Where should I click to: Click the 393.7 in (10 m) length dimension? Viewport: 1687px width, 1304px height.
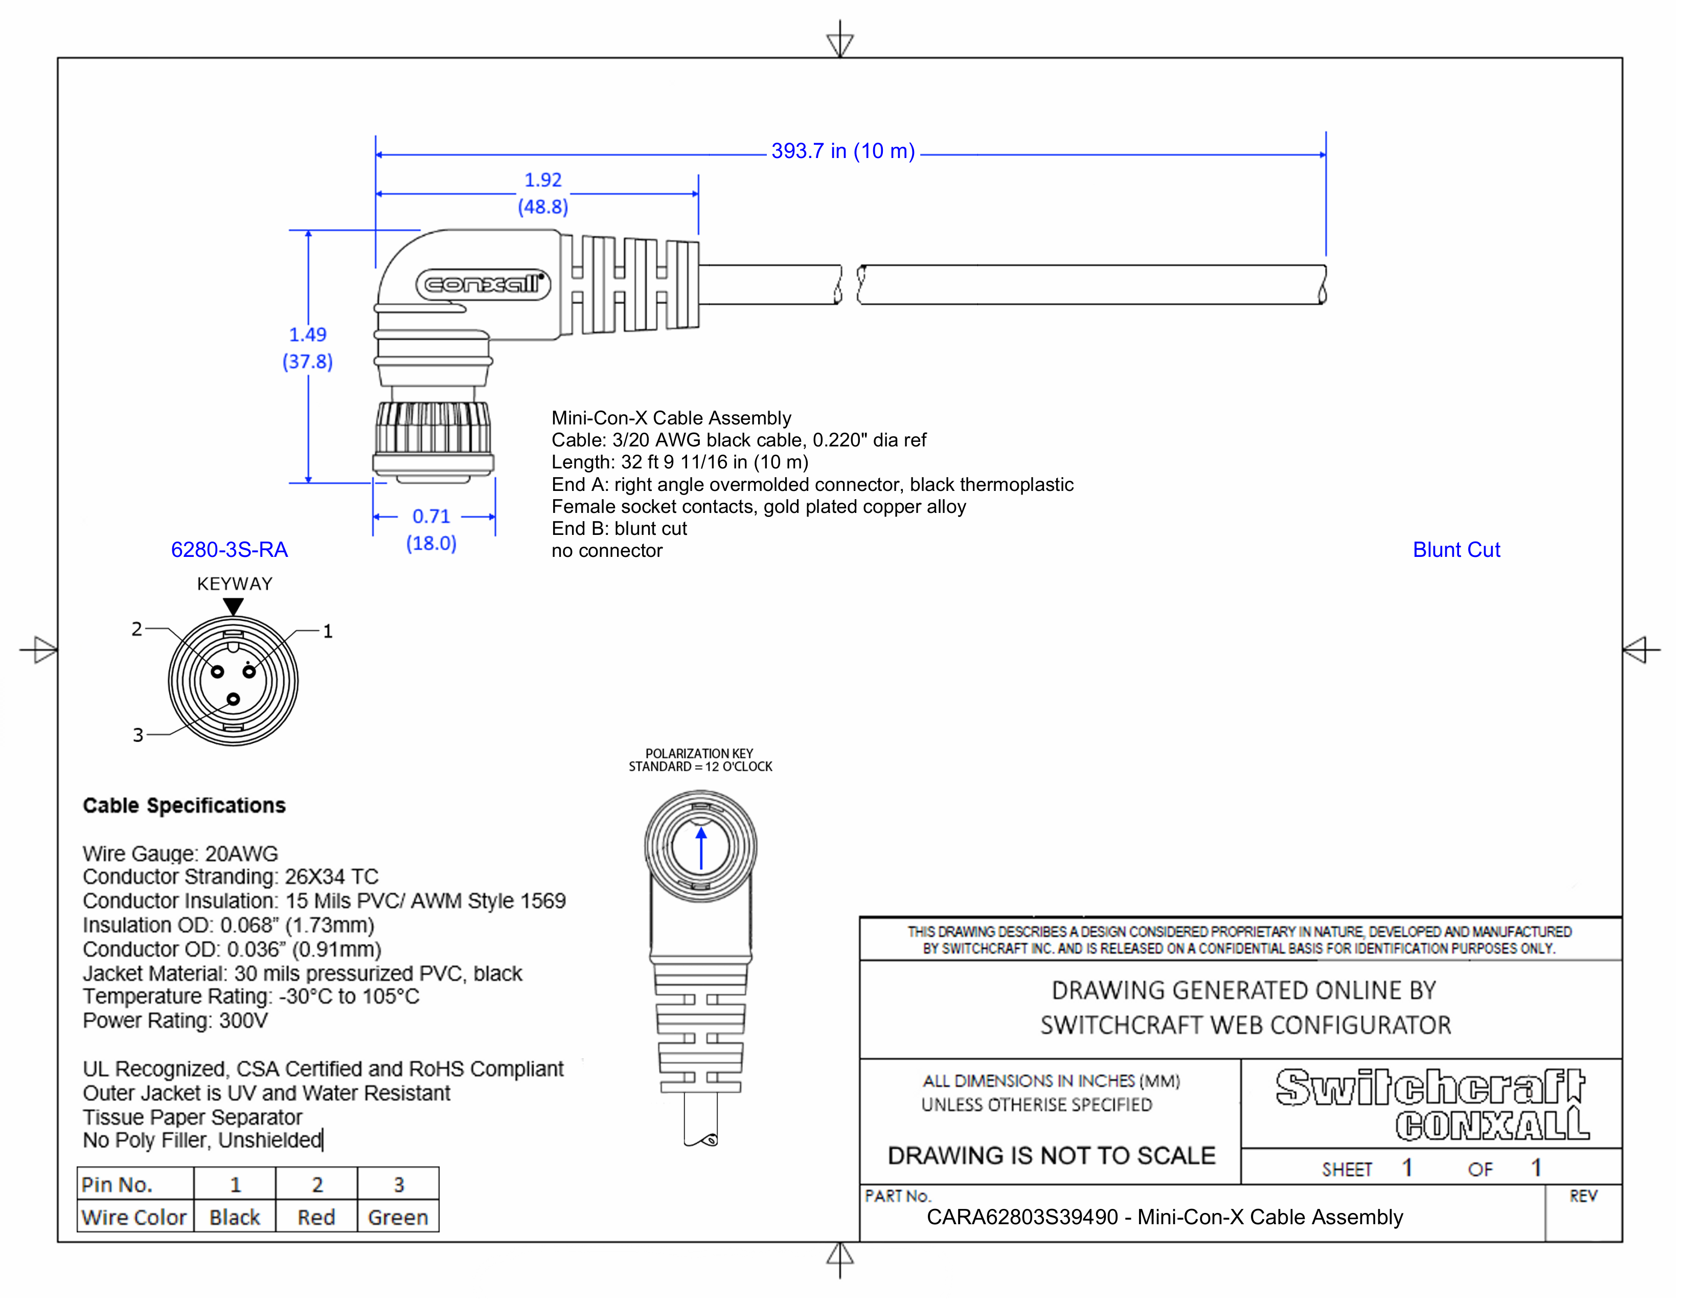842,151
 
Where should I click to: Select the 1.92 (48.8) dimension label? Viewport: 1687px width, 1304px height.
542,193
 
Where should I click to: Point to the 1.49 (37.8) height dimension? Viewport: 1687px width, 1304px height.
307,348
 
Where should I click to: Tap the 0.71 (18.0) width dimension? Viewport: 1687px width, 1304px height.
431,529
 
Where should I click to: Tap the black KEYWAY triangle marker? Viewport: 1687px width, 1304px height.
233,606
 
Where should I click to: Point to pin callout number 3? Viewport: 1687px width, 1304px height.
138,735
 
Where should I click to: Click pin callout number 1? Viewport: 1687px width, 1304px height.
328,631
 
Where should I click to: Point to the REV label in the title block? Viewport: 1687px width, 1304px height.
1582,1196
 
